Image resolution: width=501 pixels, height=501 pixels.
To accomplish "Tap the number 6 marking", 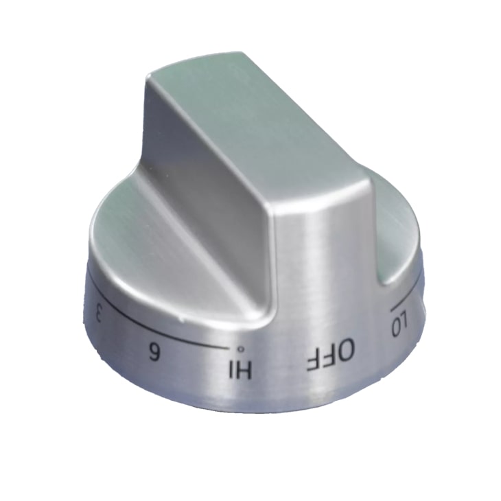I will pos(156,354).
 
